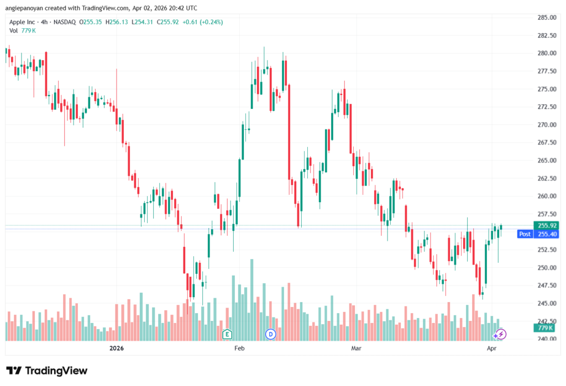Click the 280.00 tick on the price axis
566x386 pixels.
(547, 53)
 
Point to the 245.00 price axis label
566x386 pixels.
(547, 303)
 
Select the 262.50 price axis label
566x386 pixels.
(547, 178)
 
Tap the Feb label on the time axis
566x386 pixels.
(239, 348)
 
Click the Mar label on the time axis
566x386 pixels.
(357, 348)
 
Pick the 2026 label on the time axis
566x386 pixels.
(116, 348)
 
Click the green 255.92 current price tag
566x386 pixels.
(547, 225)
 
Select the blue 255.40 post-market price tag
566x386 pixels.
(547, 234)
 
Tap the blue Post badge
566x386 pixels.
(525, 234)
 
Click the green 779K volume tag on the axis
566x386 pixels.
(547, 328)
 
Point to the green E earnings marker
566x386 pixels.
(227, 334)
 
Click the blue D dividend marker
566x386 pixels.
(271, 334)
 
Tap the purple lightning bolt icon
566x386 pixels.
(500, 334)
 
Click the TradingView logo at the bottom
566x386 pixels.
(46, 371)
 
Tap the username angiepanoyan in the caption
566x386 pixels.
(24, 8)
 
